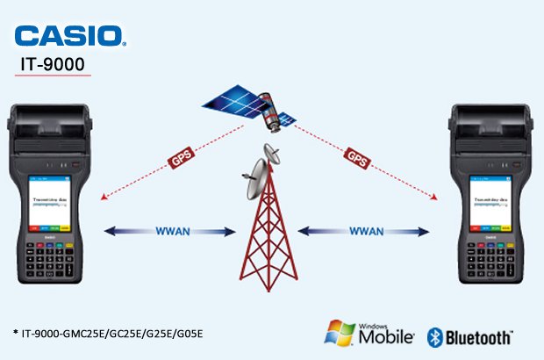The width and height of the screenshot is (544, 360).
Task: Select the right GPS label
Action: tap(357, 159)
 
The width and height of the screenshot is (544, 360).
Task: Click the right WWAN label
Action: tap(366, 231)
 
